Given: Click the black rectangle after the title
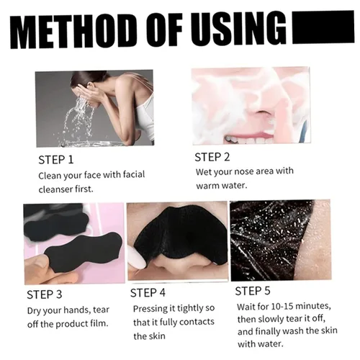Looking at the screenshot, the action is [x=323, y=27].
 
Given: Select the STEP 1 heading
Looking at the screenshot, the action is [x=56, y=160].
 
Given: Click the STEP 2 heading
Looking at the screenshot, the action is [x=212, y=157].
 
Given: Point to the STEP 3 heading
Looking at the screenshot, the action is [x=45, y=294].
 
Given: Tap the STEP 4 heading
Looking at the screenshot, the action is [x=148, y=293].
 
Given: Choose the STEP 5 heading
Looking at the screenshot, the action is [x=253, y=291].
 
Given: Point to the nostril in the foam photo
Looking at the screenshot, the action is [x=261, y=112].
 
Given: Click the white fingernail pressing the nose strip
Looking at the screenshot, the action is [x=137, y=258].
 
